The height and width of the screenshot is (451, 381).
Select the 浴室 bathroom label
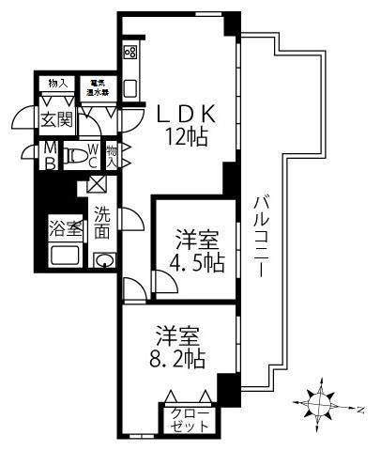coord(65,228)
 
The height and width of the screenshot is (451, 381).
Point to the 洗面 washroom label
coord(101,220)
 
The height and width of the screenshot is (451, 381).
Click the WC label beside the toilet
coord(94,155)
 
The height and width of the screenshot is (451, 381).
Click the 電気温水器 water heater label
coord(97,86)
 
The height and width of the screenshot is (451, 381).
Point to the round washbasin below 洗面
coord(105,260)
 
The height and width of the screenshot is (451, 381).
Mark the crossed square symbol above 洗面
coord(97,184)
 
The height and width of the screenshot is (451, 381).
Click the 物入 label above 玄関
coord(57,83)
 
